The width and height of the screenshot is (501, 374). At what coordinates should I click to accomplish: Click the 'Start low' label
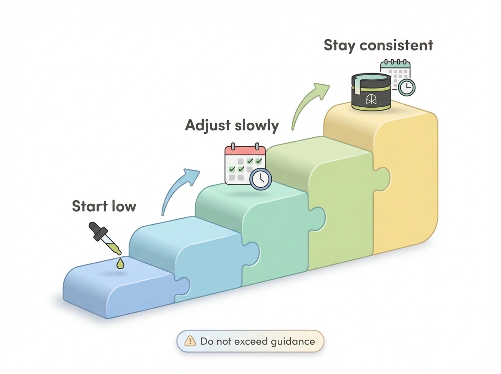pyautogui.click(x=104, y=206)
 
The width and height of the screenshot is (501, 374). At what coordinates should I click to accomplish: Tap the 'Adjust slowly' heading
pyautogui.click(x=232, y=126)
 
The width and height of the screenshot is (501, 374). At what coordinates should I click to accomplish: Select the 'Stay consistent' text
pyautogui.click(x=378, y=45)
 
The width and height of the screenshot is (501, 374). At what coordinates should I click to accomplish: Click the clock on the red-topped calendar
pyautogui.click(x=261, y=179)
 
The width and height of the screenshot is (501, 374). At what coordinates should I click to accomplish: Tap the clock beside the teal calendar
pyautogui.click(x=406, y=87)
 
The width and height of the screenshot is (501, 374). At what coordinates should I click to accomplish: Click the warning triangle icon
pyautogui.click(x=190, y=341)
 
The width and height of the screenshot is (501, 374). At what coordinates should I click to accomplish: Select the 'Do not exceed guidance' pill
pyautogui.click(x=250, y=341)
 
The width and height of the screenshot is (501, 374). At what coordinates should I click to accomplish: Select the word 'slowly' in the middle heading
pyautogui.click(x=257, y=126)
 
